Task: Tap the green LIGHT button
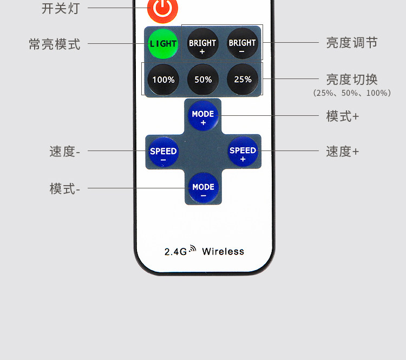tap(163, 43)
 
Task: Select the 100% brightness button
tap(163, 80)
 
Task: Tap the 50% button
tap(203, 80)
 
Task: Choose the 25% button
tap(243, 79)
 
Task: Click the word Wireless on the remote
tap(223, 251)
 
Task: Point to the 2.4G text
tap(175, 251)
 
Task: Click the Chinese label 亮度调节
tap(351, 43)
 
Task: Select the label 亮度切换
tap(351, 80)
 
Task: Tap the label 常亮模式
tap(54, 44)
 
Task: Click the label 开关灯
tap(60, 8)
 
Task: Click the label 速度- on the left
tap(64, 152)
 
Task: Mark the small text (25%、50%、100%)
tap(351, 93)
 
